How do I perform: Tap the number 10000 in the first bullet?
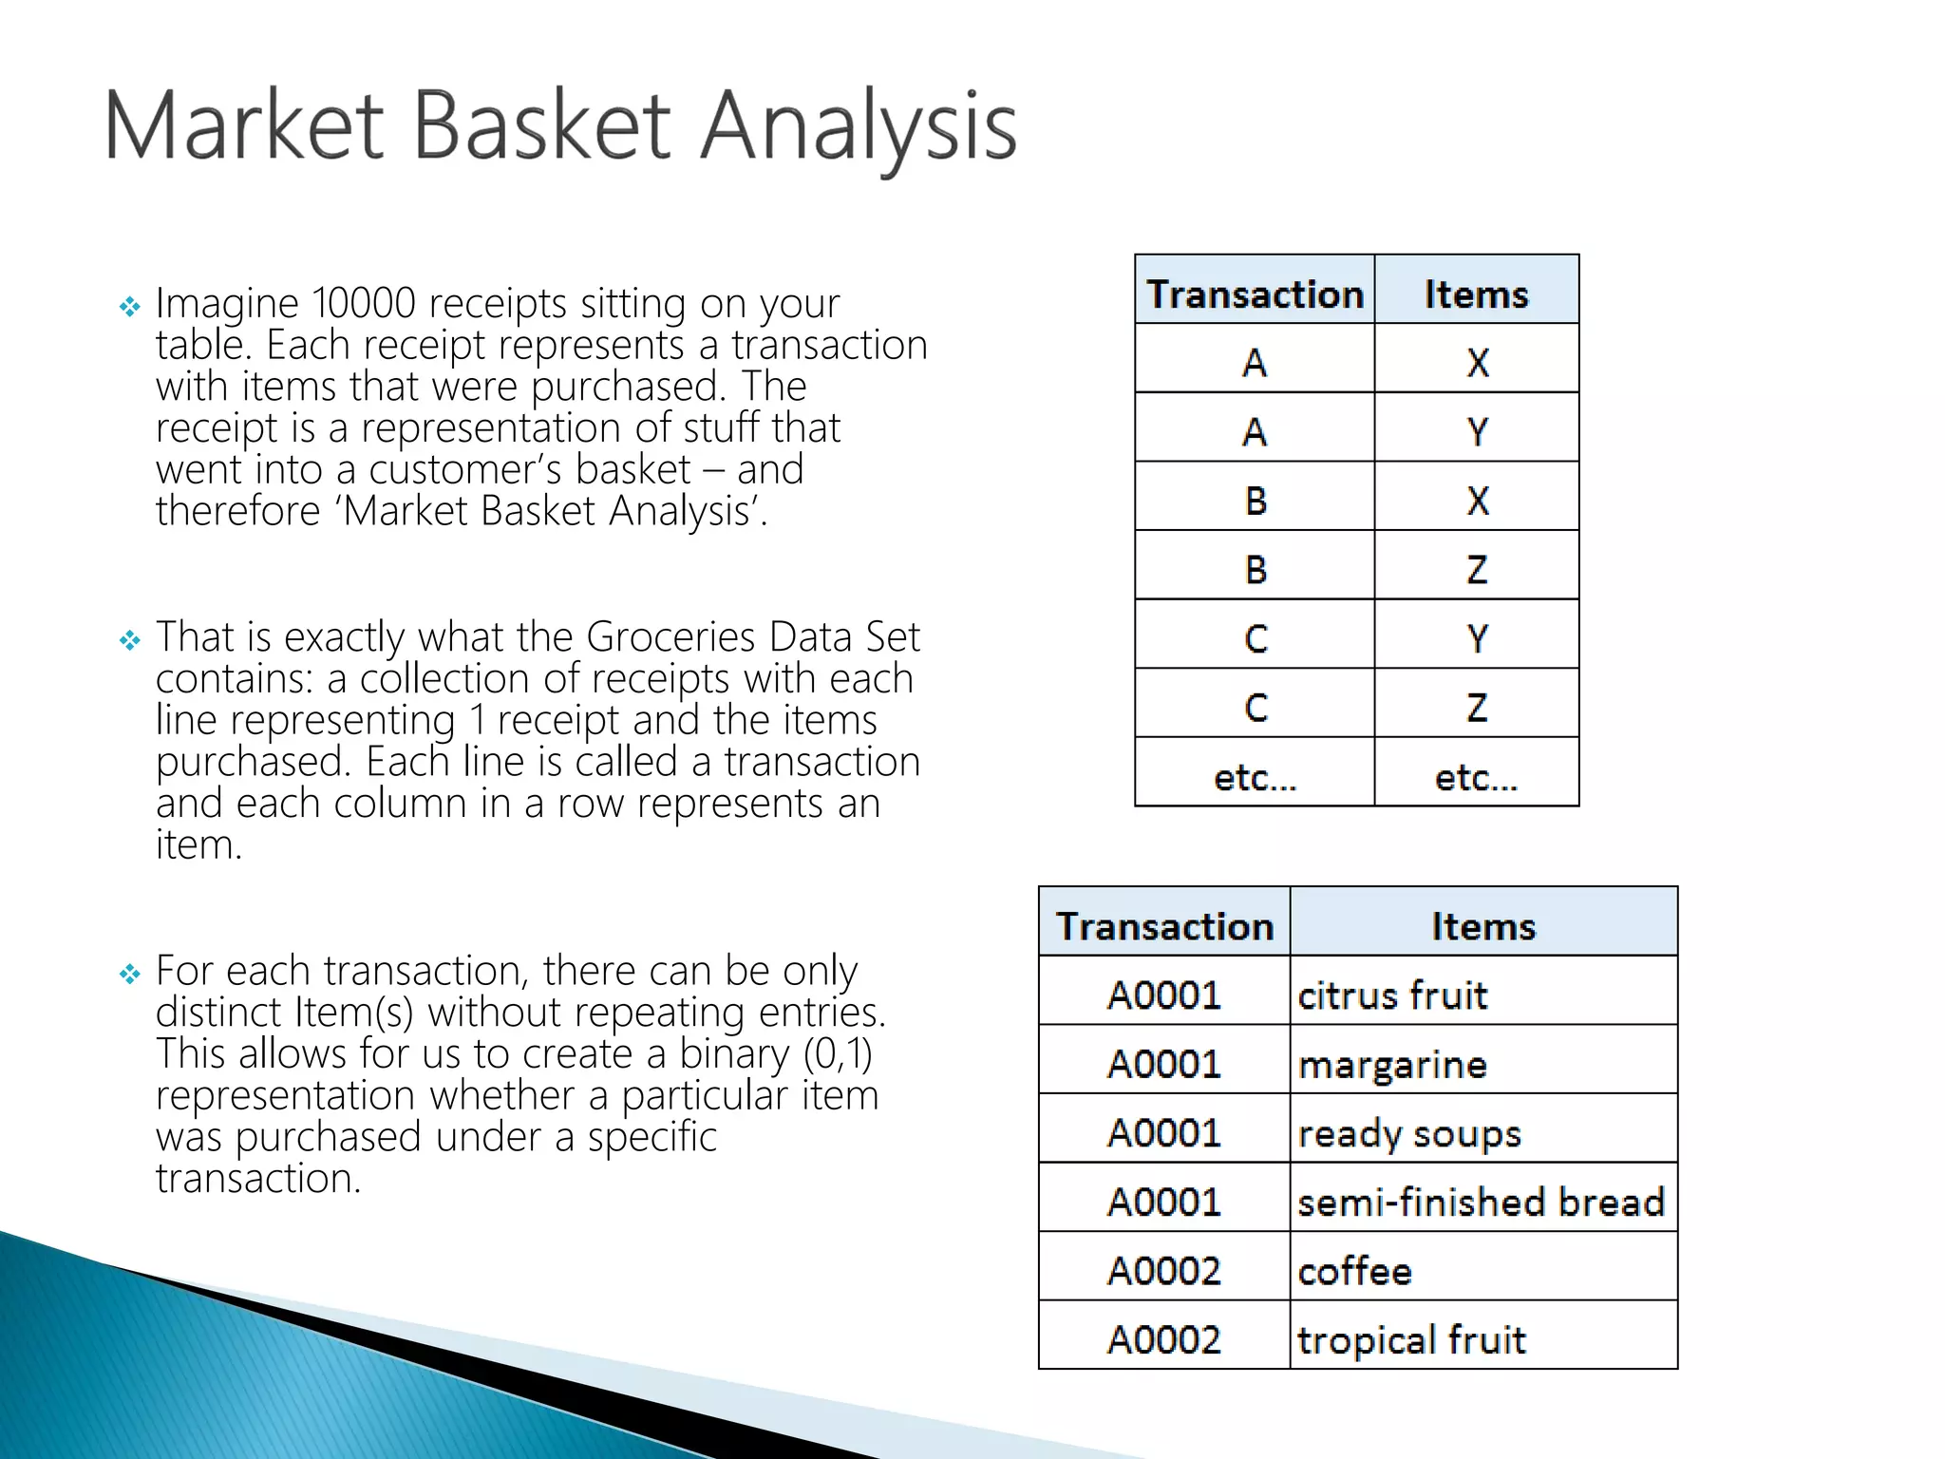pos(364,304)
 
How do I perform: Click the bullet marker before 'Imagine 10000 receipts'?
pos(129,307)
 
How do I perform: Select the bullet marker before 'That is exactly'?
pos(129,641)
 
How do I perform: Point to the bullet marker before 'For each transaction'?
pos(129,975)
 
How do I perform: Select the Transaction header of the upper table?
pos(1255,294)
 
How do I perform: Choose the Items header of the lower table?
pos(1482,925)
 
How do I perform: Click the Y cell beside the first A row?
pos(1477,431)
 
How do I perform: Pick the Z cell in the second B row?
pos(1477,569)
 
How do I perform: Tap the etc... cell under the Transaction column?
pos(1255,777)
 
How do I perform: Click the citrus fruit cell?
pos(1392,995)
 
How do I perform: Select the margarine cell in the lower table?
pos(1392,1064)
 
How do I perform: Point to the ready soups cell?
pos(1409,1133)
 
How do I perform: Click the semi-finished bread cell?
pos(1482,1203)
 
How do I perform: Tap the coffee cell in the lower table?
pos(1354,1271)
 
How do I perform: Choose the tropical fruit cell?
pos(1411,1340)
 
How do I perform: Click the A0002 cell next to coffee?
pos(1164,1271)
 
